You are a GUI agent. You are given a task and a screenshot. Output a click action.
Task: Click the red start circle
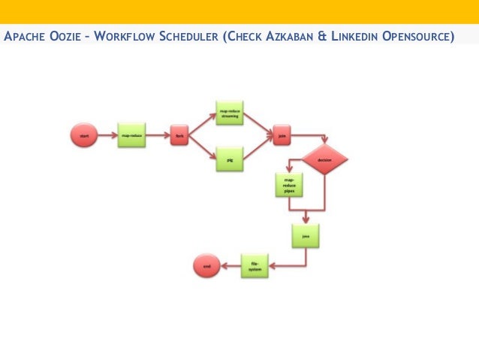coord(84,136)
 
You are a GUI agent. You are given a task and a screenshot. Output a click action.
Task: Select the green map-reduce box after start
coord(131,136)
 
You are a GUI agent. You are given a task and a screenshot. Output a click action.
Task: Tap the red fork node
coord(179,136)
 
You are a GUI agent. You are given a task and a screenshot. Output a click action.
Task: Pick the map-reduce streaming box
coord(229,113)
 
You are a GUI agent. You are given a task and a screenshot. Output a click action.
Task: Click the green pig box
coord(229,159)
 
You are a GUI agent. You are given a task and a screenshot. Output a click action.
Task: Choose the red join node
coord(282,136)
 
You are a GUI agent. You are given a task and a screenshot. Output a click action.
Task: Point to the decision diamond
coord(324,160)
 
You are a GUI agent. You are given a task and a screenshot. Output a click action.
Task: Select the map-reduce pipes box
coord(289,185)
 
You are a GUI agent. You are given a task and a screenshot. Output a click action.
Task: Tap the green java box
coord(306,236)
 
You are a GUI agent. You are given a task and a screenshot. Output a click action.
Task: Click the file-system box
coord(255,265)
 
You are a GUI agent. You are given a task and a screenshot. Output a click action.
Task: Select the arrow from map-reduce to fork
coord(158,136)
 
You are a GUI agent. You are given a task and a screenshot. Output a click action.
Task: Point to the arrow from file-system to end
coord(229,265)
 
